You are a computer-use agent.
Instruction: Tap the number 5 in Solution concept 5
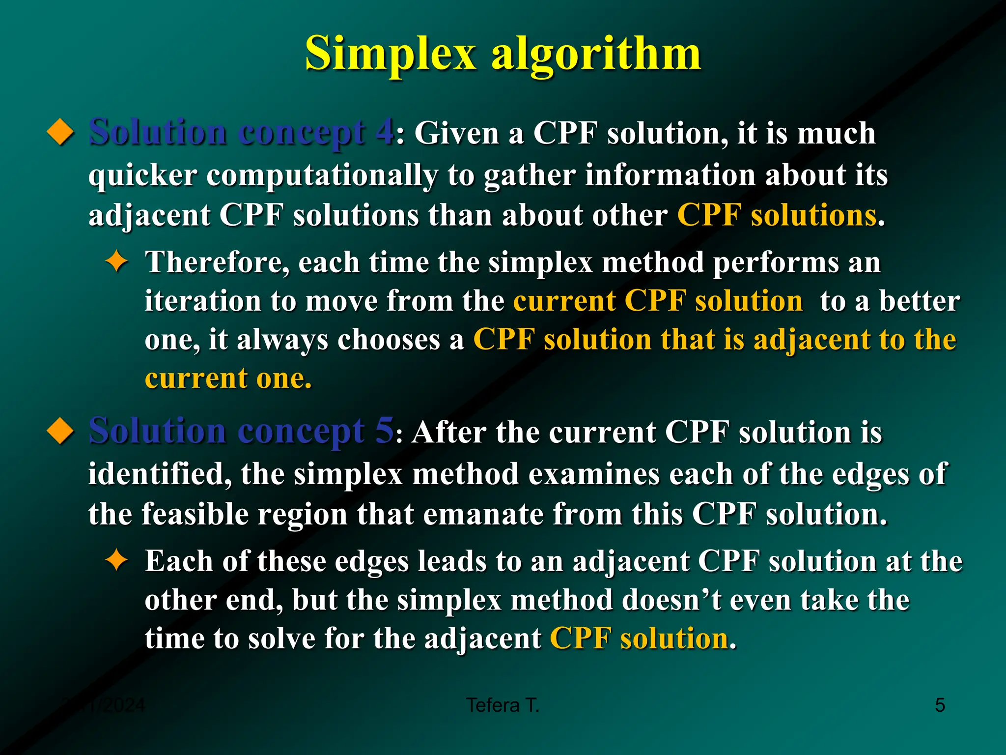point(385,431)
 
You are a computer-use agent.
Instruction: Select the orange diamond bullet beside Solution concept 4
point(60,133)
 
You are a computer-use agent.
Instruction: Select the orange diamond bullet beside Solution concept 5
point(60,431)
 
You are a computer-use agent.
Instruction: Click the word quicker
point(142,175)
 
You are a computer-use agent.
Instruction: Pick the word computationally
point(322,176)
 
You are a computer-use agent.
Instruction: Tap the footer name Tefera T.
point(503,705)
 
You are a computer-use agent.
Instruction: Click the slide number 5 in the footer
point(940,705)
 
